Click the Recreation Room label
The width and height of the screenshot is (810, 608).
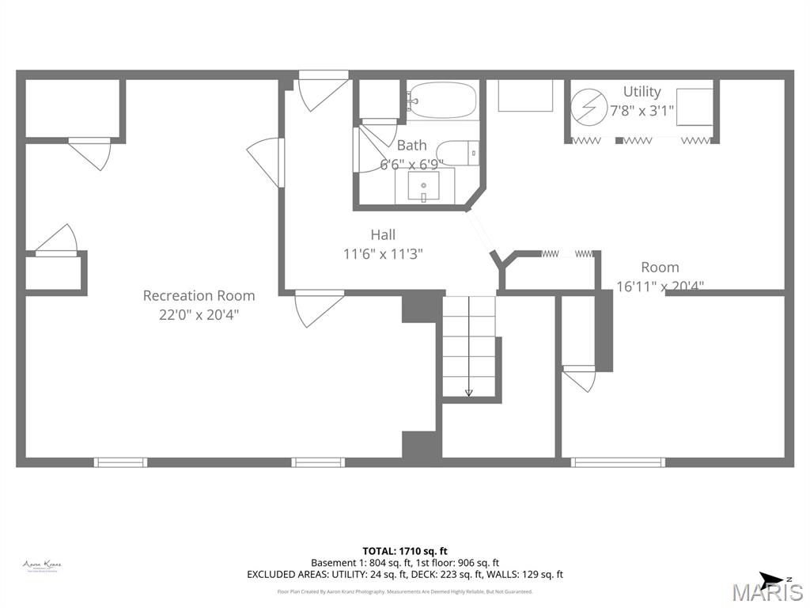199,295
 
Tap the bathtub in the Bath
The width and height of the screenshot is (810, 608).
443,101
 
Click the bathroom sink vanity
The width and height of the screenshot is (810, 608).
424,187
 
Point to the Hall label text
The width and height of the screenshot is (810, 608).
383,234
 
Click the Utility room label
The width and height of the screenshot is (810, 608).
642,92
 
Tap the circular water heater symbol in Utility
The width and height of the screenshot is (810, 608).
587,108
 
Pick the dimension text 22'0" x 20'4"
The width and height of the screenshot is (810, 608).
199,314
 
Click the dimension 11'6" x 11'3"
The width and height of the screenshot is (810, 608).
383,254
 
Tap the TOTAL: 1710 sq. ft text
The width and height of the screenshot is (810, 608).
404,551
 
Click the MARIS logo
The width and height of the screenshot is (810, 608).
766,592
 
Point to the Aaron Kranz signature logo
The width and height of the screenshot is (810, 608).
42,565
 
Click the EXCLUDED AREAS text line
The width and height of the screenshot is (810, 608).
404,575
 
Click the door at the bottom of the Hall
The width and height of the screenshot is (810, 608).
319,307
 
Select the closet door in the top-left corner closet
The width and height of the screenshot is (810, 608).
89,152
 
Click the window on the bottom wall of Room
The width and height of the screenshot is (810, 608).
618,462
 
